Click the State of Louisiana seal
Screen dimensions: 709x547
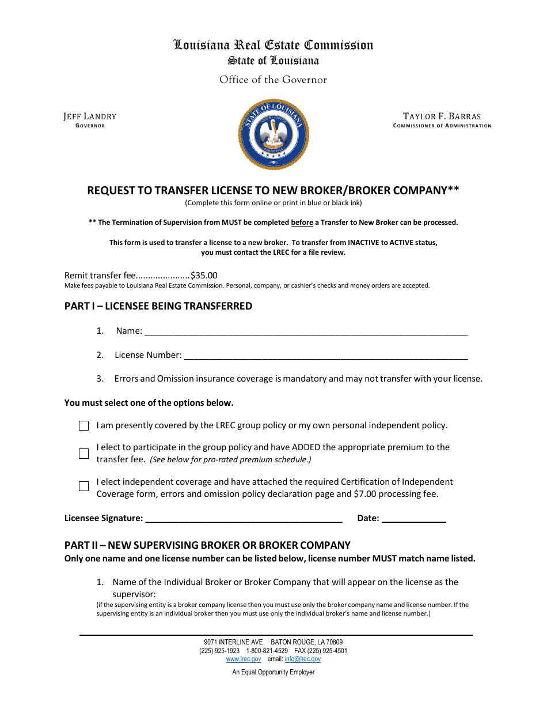tap(273, 134)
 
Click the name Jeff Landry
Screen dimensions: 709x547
tap(90, 116)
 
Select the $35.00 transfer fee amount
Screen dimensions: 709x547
tap(204, 276)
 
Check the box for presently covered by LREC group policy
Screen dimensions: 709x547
tap(84, 426)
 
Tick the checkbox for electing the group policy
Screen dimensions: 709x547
tap(84, 454)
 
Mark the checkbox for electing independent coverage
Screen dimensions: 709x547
tap(84, 486)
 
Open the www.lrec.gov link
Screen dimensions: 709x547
tap(244, 659)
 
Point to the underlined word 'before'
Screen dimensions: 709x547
tap(302, 222)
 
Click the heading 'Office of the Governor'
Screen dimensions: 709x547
tap(273, 80)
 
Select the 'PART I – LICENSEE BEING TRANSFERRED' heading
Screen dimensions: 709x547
tap(158, 306)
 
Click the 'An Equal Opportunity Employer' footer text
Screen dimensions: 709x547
tap(273, 672)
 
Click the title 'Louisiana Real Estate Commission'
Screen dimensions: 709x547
tap(273, 45)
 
